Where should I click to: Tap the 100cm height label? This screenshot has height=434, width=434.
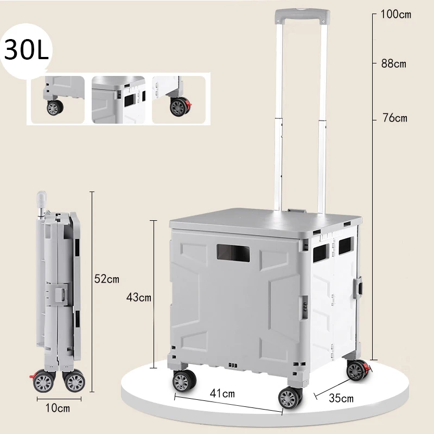point(396,14)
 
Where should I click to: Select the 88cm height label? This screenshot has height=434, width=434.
point(394,63)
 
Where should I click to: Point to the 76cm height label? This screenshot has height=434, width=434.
point(395,118)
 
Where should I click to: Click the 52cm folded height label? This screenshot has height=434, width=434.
point(107,279)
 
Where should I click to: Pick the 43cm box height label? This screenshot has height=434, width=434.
point(139,297)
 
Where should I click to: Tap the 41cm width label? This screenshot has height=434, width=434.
point(222,393)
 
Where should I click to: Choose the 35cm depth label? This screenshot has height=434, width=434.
point(341,398)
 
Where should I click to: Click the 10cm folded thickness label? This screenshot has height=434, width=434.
point(58,408)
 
